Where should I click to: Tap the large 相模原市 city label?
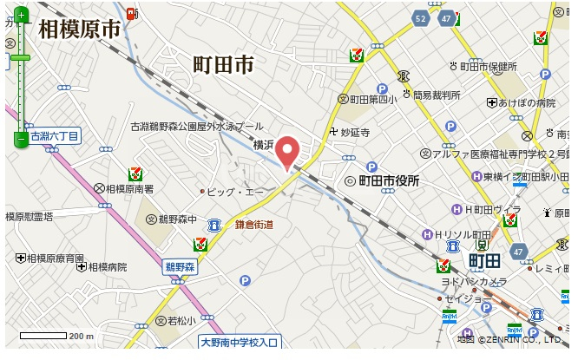coord(78,29)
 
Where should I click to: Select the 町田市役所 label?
coord(388,180)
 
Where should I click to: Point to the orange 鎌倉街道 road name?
coord(254,225)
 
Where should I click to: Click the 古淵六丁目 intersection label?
coord(54,136)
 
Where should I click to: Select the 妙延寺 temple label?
coord(355,133)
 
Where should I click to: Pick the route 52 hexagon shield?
coord(421,17)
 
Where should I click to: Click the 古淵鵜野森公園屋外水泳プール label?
coord(197,126)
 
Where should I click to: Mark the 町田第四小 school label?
coord(372,99)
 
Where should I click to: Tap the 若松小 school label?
coord(181,321)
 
